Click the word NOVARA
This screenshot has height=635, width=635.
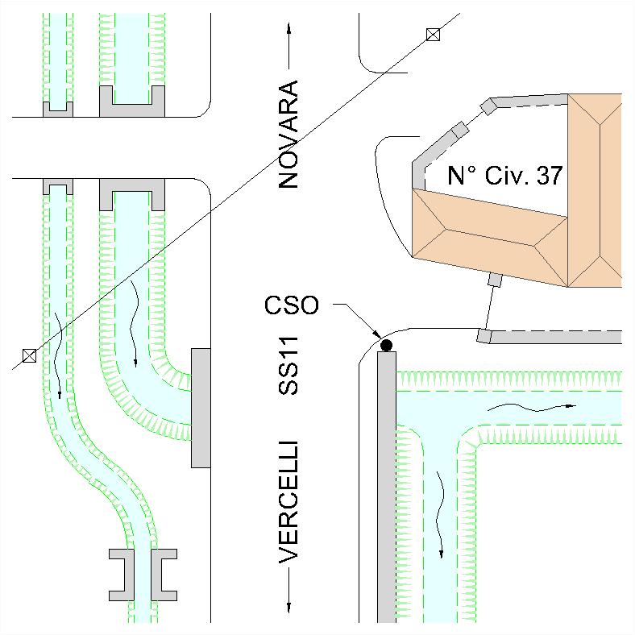288,134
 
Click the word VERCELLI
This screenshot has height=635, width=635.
288,502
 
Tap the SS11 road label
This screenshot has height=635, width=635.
288,366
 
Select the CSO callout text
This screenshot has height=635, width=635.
292,305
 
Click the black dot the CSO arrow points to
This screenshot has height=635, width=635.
386,346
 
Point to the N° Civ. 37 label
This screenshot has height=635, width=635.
505,176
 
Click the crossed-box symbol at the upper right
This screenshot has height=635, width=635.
433,35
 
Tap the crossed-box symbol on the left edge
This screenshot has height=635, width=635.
29,356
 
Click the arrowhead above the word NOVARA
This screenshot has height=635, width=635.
288,28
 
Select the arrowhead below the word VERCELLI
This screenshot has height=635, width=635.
288,608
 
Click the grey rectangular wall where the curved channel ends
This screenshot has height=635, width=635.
201,408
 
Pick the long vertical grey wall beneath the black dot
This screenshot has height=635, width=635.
387,487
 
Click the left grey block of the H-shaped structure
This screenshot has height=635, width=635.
122,575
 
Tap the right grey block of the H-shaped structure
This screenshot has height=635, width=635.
164,575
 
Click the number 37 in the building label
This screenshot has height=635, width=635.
550,176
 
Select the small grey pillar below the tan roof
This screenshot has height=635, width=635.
496,280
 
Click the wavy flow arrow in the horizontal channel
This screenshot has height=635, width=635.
531,407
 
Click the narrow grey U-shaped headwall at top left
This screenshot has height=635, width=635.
58,110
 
